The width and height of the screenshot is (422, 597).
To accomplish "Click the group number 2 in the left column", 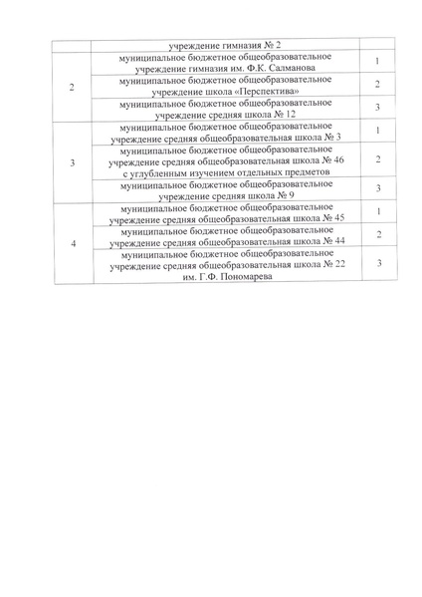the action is click(x=71, y=86).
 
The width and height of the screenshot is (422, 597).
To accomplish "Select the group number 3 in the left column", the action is click(x=71, y=161).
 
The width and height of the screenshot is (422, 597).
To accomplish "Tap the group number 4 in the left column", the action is click(x=71, y=243).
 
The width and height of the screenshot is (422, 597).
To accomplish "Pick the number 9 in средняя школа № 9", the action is click(x=289, y=195).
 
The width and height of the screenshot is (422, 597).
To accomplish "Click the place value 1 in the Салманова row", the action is click(x=378, y=62).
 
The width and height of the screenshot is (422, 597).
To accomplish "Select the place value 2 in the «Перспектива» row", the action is click(x=378, y=86).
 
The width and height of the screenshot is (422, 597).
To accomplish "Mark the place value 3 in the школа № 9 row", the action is click(x=378, y=189).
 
